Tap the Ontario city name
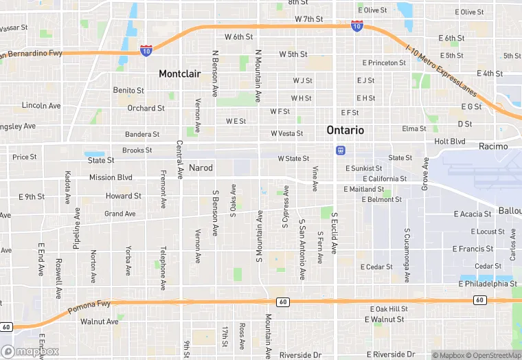(x=345, y=130)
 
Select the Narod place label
(x=201, y=168)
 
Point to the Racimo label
(x=494, y=146)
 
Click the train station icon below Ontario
(x=340, y=150)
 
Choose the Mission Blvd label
(x=111, y=177)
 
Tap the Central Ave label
(x=179, y=159)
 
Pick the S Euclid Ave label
(x=334, y=233)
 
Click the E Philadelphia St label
(x=488, y=283)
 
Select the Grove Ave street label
(x=426, y=174)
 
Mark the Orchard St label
(x=146, y=108)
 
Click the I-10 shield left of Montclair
(x=146, y=50)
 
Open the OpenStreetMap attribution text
(x=487, y=355)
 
